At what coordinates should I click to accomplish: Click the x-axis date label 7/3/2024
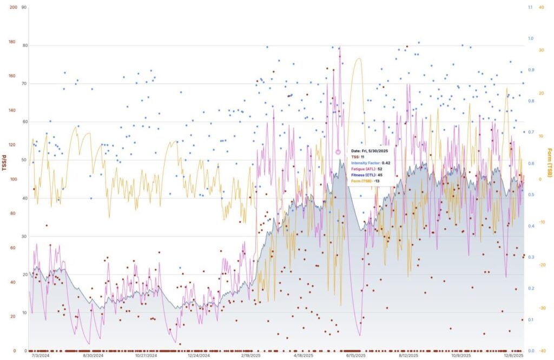(41, 356)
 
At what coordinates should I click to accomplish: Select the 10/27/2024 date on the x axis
(146, 356)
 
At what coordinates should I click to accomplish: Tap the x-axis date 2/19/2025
(250, 356)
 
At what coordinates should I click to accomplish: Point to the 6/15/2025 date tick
(355, 356)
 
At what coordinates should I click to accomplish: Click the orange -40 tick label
(542, 350)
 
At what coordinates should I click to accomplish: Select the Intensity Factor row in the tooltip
(371, 163)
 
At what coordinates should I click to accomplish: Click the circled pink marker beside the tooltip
(339, 152)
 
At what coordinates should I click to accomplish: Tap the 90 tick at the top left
(23, 8)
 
